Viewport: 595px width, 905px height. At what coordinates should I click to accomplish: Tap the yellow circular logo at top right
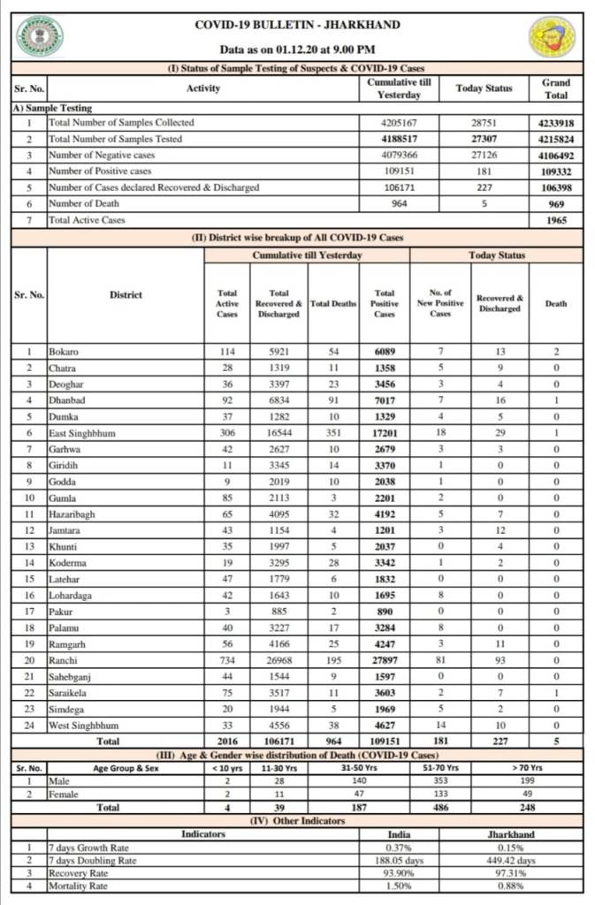(x=553, y=36)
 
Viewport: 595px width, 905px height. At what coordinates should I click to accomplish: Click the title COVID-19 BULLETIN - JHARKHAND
(x=296, y=26)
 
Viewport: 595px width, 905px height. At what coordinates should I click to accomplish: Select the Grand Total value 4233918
(x=556, y=123)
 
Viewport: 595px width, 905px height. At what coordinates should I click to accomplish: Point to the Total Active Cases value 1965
(x=556, y=220)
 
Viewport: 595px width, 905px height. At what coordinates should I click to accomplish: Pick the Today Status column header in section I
(x=484, y=88)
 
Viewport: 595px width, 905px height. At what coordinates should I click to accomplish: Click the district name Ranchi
(x=63, y=661)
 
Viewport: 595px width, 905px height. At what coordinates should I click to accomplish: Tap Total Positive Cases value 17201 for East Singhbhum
(x=385, y=434)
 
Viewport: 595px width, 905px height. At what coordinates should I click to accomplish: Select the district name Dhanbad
(x=67, y=401)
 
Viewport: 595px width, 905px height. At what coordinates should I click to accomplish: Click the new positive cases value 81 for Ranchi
(x=440, y=661)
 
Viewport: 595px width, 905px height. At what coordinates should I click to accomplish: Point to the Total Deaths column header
(x=333, y=303)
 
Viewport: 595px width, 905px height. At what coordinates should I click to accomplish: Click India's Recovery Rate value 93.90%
(x=399, y=873)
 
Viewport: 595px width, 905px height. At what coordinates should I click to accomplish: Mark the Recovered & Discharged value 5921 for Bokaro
(x=278, y=353)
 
